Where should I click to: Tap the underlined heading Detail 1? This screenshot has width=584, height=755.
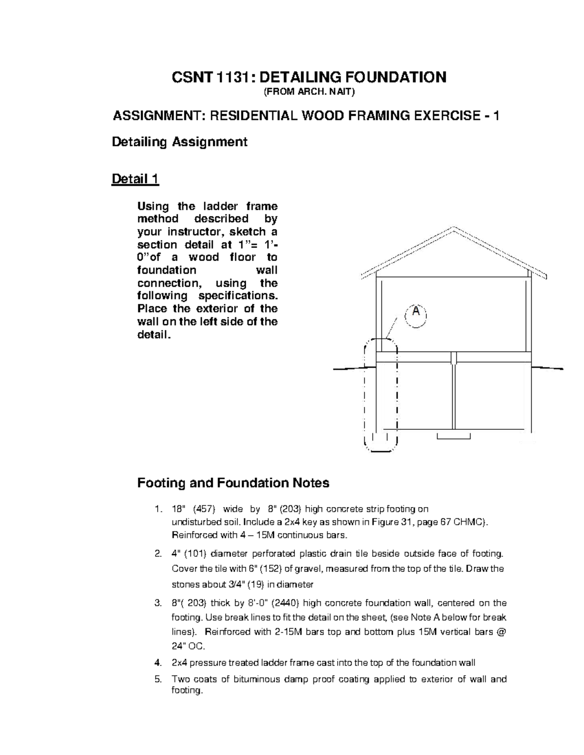point(135,179)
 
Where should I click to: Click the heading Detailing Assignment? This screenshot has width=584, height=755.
point(180,142)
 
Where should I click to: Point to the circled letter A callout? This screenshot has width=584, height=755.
point(416,312)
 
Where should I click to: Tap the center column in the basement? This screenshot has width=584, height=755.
point(454,394)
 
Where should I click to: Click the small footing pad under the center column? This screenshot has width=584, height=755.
point(454,436)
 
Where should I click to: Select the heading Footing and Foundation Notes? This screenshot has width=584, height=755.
point(233,483)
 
